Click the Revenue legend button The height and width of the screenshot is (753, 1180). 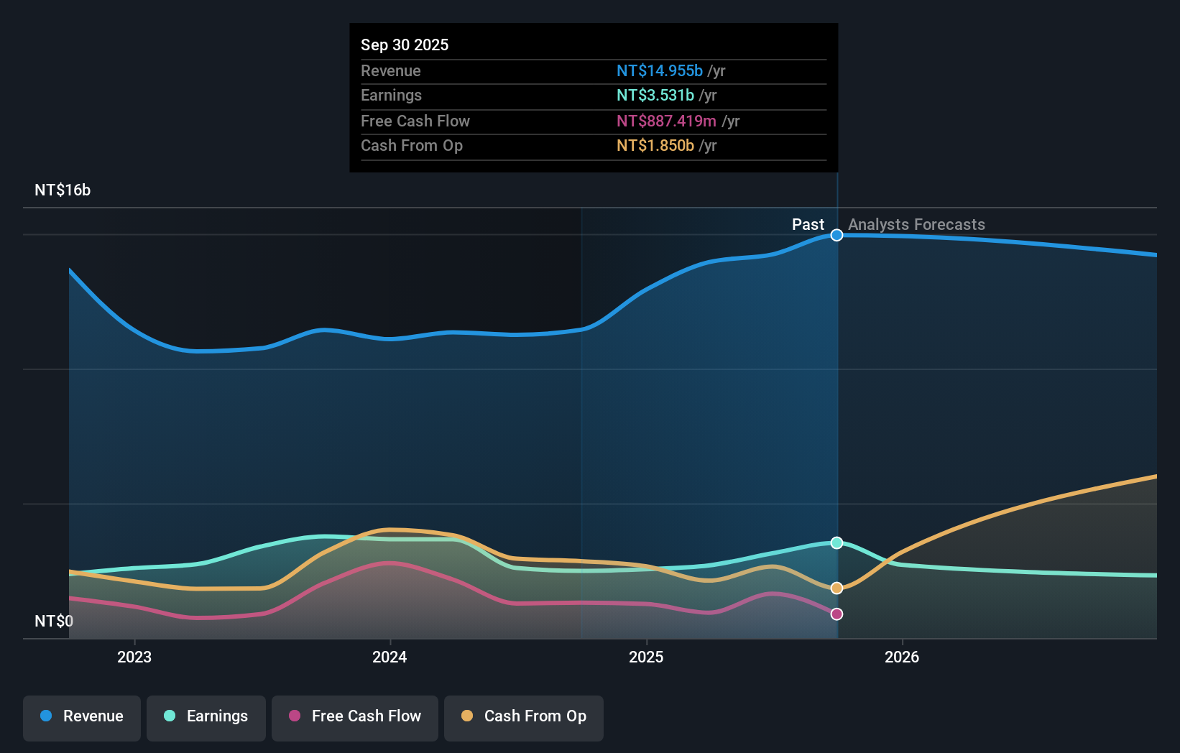coord(82,716)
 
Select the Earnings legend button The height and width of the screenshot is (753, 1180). coord(206,716)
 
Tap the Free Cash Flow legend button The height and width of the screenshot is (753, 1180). coord(355,716)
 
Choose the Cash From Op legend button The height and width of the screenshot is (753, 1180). coord(524,716)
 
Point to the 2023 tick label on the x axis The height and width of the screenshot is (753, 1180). coord(134,657)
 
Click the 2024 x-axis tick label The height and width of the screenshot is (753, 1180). coord(390,657)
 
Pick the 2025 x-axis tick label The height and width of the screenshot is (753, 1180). coord(646,657)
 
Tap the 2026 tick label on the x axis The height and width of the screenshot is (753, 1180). coord(902,657)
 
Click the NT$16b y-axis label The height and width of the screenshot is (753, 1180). coord(63,190)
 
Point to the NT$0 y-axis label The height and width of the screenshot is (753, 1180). coord(54,621)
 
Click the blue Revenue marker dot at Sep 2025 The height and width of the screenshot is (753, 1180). coord(836,235)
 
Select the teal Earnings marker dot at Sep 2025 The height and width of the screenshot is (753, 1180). coord(836,542)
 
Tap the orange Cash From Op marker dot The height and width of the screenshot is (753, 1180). coord(836,588)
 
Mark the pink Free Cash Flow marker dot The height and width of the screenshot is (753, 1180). coord(836,614)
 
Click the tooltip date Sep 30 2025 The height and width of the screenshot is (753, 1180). coord(405,45)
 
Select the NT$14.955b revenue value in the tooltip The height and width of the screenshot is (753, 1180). coord(659,71)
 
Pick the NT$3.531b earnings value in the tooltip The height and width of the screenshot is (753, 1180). coord(655,96)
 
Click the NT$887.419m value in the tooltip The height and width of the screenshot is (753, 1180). coord(666,121)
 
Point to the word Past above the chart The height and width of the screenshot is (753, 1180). coord(808,225)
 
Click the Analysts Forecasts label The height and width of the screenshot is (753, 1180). coord(916,225)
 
